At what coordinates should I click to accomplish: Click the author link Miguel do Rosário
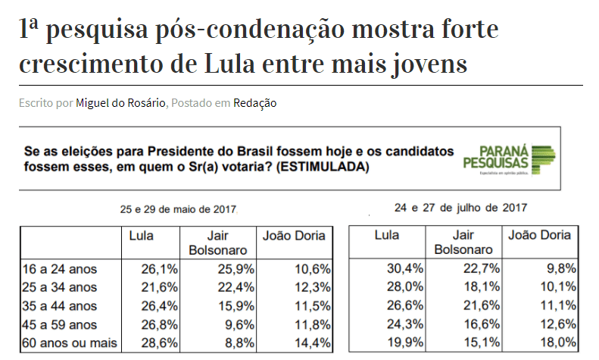(x=120, y=102)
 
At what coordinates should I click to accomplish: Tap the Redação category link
(x=254, y=102)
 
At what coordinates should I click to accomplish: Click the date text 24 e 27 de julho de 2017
(x=461, y=207)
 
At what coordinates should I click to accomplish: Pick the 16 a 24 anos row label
(x=61, y=268)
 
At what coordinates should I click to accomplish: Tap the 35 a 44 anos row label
(x=61, y=306)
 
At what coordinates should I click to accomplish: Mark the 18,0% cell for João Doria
(x=560, y=343)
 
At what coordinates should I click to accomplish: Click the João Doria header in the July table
(x=538, y=236)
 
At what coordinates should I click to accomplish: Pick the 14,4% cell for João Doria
(x=311, y=343)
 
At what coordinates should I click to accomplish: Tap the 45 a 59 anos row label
(x=61, y=325)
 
